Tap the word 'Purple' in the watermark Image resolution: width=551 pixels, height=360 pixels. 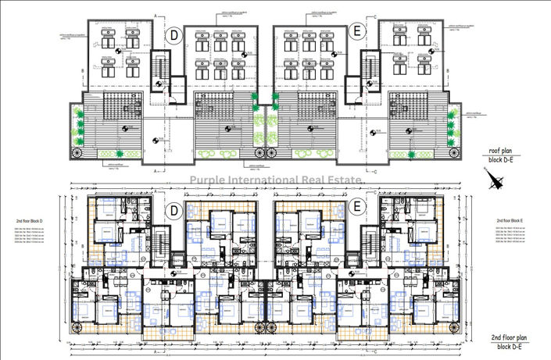click(211, 180)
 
